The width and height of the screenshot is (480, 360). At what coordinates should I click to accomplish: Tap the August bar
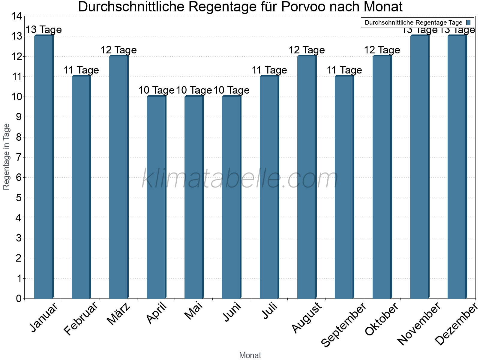pyautogui.click(x=307, y=177)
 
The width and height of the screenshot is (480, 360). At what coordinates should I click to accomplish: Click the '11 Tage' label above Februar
pyautogui.click(x=81, y=70)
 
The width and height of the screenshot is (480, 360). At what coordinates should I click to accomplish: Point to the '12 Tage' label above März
pyautogui.click(x=118, y=50)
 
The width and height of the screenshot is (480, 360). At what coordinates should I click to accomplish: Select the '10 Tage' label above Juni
pyautogui.click(x=231, y=90)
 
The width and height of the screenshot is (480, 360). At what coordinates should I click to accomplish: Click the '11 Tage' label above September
pyautogui.click(x=344, y=70)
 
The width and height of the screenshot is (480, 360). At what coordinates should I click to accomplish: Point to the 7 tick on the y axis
pyautogui.click(x=19, y=157)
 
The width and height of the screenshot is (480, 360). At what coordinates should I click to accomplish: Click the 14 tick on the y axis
pyautogui.click(x=16, y=16)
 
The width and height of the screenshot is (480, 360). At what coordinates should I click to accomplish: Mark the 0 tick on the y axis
pyautogui.click(x=19, y=298)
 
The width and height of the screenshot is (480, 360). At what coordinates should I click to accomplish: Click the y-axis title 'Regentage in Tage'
pyautogui.click(x=7, y=157)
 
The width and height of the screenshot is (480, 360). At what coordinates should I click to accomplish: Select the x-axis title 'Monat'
pyautogui.click(x=250, y=355)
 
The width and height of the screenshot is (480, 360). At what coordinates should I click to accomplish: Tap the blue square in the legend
pyautogui.click(x=468, y=22)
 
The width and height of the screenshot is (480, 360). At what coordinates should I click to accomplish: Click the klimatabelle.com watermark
pyautogui.click(x=240, y=179)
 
